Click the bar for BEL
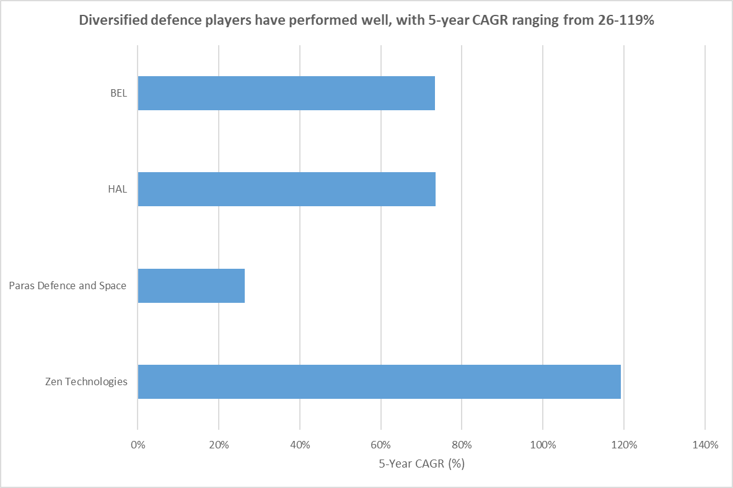286,93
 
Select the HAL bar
286,189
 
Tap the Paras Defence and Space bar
191,285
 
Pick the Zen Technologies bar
379,381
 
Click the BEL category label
118,94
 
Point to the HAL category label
117,190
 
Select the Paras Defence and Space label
68,285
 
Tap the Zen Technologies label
86,381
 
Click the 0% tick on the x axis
138,445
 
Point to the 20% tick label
219,445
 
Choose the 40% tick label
300,445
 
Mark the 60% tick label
380,445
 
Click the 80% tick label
462,445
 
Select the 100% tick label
543,445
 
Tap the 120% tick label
624,445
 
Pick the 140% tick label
704,445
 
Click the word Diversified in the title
108,20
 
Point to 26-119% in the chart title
621,20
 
